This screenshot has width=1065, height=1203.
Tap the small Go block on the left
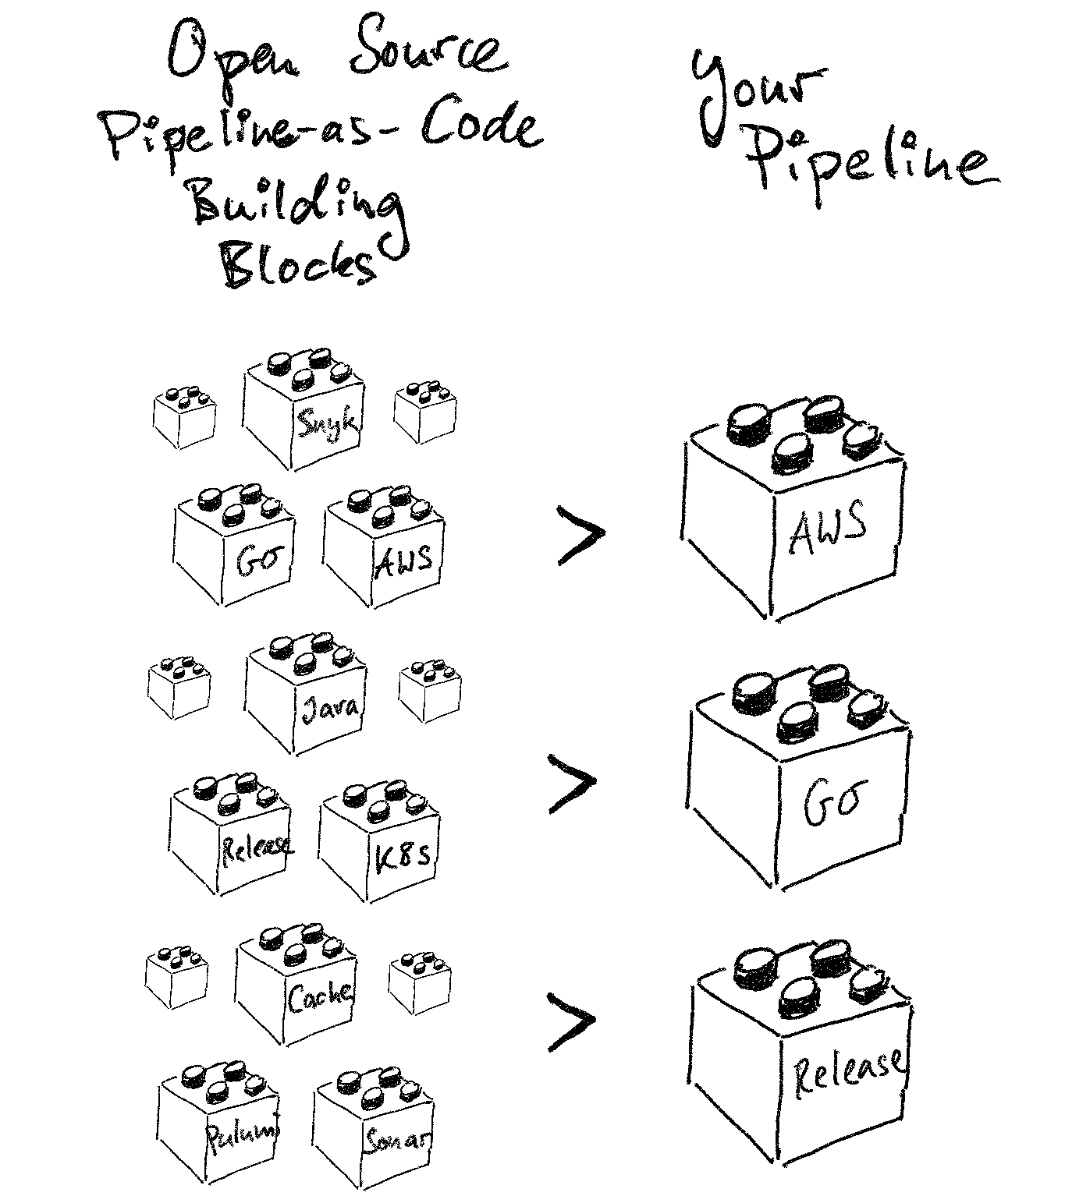235,549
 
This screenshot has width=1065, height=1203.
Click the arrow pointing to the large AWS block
581,534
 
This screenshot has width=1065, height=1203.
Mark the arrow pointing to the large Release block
572,1020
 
